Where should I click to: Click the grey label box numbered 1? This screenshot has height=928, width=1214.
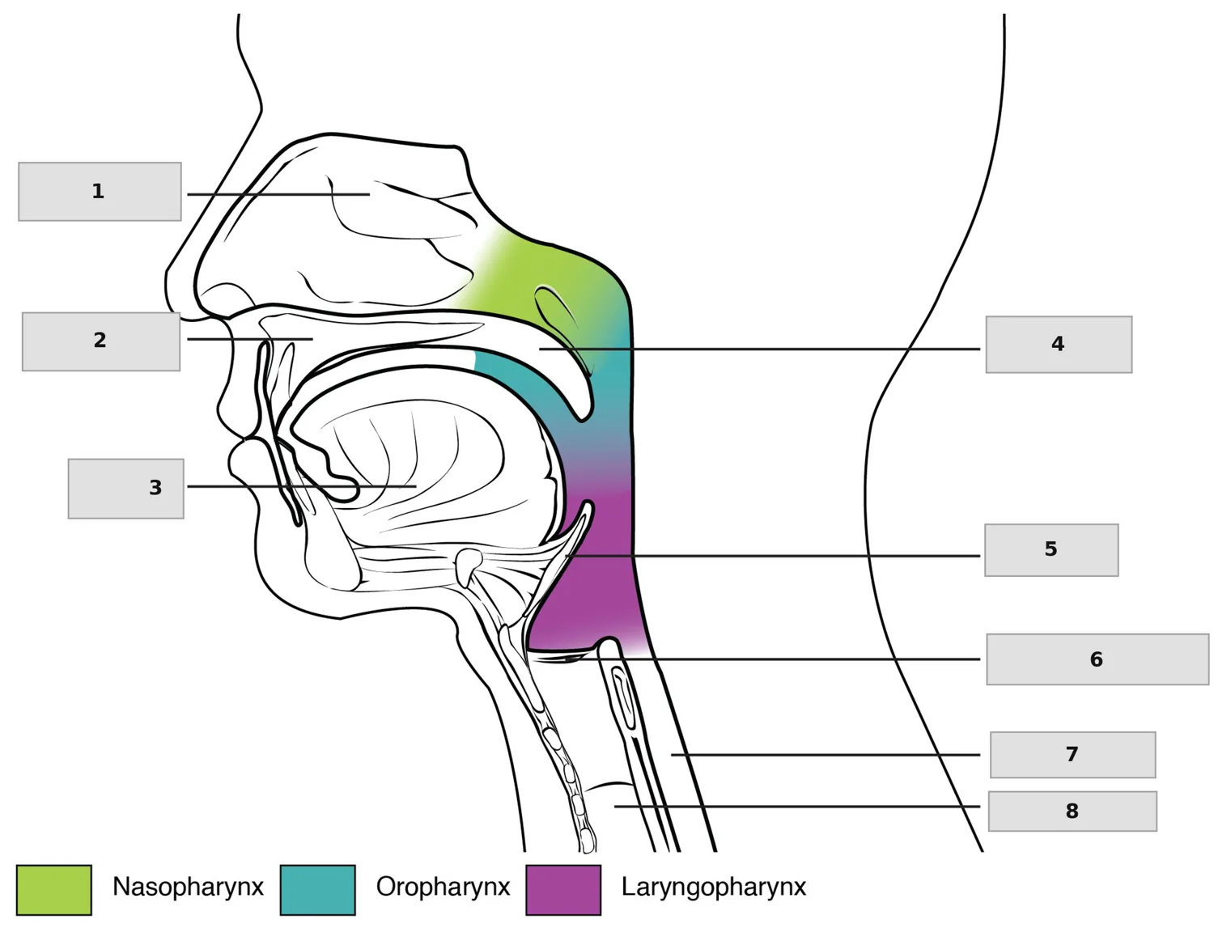100,192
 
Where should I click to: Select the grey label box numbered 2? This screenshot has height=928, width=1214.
100,341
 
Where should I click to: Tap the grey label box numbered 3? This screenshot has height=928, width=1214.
126,489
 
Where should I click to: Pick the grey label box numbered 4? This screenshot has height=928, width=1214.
1059,345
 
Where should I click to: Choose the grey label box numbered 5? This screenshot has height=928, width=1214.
1051,550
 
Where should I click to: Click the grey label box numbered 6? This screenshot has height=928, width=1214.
1097,659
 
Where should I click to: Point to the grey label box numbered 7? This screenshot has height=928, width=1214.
1072,754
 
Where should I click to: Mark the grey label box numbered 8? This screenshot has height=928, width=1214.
1072,811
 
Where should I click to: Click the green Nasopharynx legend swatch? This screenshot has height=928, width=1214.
54,890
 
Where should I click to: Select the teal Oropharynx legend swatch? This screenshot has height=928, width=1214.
317,890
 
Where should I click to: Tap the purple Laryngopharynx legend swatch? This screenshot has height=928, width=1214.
563,890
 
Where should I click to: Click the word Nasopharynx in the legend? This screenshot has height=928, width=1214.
188,888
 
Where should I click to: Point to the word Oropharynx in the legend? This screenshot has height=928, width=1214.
443,888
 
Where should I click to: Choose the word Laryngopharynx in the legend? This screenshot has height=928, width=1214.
714,888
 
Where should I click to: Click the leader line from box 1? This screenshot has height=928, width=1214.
278,194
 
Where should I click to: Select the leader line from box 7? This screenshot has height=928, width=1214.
826,754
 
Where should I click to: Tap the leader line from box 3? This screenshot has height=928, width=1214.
301,486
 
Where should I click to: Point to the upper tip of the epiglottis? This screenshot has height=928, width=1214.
588,503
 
